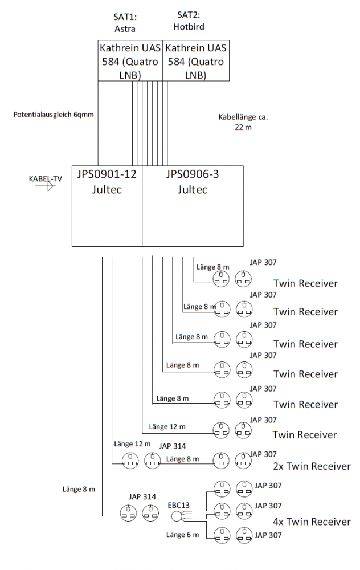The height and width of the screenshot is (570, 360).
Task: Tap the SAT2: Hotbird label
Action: (189, 22)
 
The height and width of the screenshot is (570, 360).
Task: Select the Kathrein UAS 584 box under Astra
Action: (130, 61)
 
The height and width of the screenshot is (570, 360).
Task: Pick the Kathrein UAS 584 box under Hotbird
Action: (196, 61)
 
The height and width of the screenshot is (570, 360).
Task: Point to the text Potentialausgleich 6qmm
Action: (54, 114)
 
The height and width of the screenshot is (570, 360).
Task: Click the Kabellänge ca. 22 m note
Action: (243, 122)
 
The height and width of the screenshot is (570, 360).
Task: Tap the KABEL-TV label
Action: (46, 178)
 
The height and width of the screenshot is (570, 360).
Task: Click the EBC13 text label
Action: (178, 505)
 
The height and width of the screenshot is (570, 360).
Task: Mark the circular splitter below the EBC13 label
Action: (177, 516)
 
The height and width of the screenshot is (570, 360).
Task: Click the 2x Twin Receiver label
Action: (311, 466)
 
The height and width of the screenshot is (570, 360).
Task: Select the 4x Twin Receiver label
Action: (311, 522)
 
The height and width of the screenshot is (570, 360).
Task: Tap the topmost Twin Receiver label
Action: (305, 283)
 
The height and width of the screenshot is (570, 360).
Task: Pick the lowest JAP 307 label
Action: (268, 535)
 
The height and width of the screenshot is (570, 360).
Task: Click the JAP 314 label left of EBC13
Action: (142, 498)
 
